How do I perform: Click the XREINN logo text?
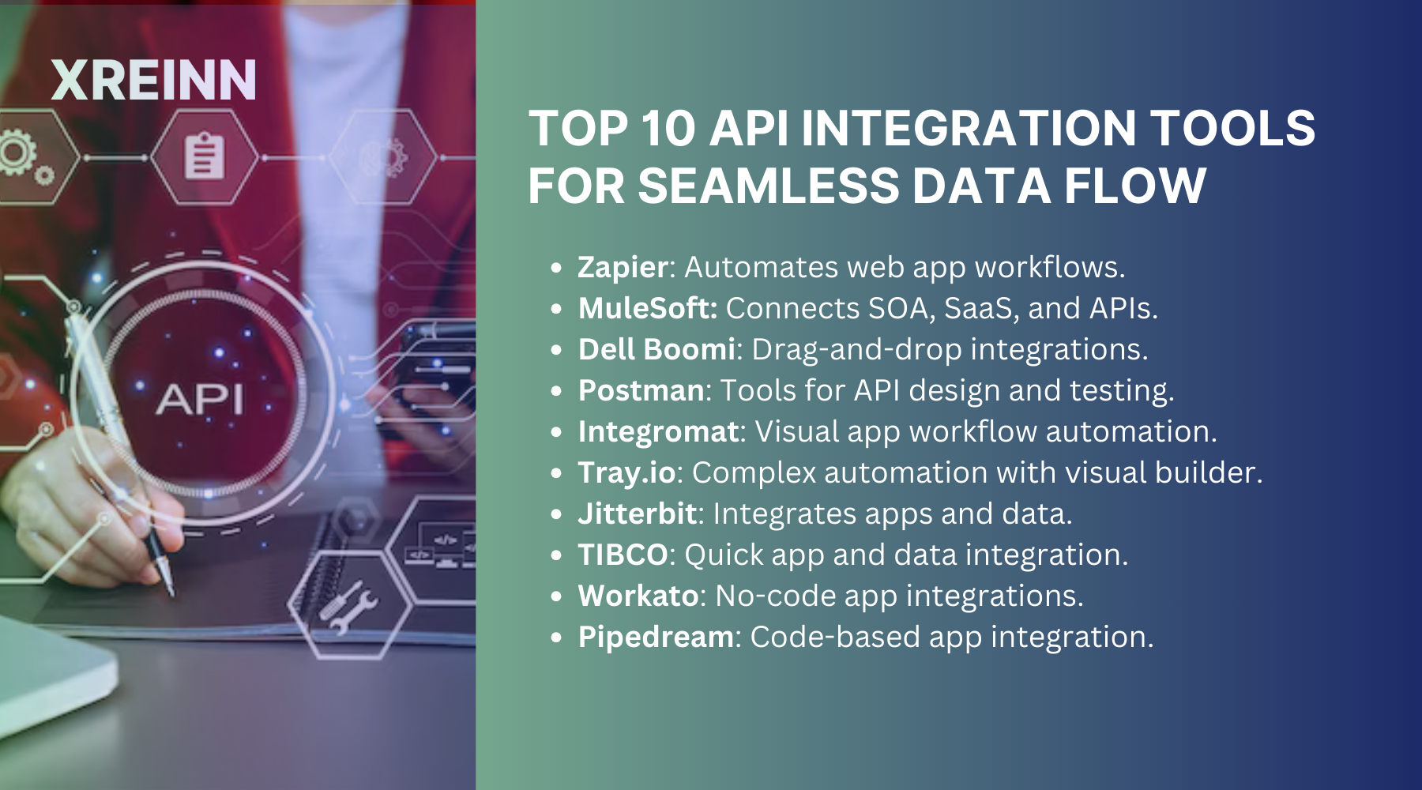tap(154, 81)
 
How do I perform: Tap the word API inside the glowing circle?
tap(199, 399)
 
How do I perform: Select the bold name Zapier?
tap(623, 268)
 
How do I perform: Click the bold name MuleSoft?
tap(647, 309)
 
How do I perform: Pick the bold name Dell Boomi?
tap(656, 350)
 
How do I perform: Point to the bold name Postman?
tap(641, 391)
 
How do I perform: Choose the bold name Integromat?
tap(658, 432)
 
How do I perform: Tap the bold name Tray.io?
tap(626, 473)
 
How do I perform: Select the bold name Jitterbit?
tap(638, 514)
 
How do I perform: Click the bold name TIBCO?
tap(623, 555)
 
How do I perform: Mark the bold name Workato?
tap(638, 596)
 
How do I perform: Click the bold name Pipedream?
tap(656, 638)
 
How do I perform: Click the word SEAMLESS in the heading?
tap(769, 186)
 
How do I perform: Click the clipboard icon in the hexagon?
tap(204, 157)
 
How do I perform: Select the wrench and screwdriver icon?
tap(348, 607)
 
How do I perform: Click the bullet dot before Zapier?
tap(557, 268)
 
